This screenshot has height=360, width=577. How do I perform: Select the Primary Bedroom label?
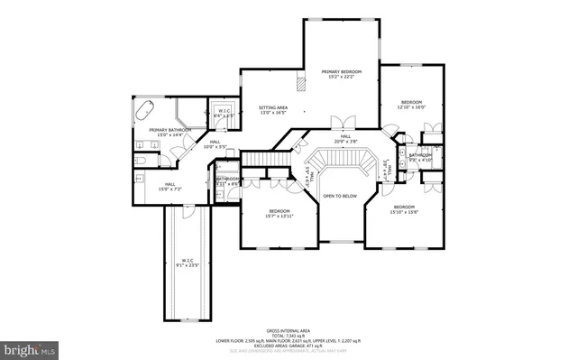pyautogui.click(x=343, y=71)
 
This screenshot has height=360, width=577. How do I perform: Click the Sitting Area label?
pyautogui.click(x=272, y=107)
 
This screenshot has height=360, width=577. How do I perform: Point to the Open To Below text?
pyautogui.click(x=341, y=195)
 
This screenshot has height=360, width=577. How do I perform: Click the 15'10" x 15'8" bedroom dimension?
pyautogui.click(x=403, y=213)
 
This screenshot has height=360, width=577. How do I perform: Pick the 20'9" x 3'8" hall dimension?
pyautogui.click(x=344, y=142)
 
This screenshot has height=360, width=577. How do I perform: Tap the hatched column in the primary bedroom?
pyautogui.click(x=306, y=82)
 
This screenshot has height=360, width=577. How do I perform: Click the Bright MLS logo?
pyautogui.click(x=29, y=346)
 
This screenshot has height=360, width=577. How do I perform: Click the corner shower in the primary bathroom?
pyautogui.click(x=190, y=114)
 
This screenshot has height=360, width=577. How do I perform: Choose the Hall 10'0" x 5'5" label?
pyautogui.click(x=215, y=144)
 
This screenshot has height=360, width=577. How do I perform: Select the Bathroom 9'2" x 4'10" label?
pyautogui.click(x=420, y=157)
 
